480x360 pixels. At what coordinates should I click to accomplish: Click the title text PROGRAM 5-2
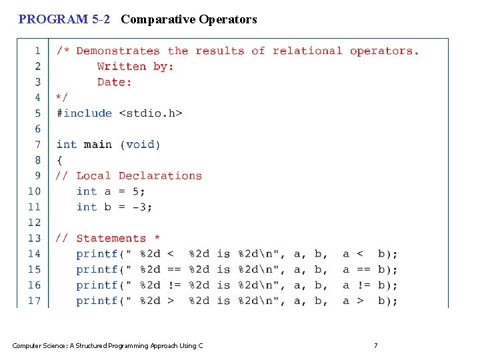64,19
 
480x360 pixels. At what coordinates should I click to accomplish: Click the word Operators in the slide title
227,19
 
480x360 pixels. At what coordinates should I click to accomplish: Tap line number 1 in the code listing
37,51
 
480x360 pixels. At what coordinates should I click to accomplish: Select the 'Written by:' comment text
135,66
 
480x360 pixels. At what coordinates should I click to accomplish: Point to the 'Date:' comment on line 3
115,82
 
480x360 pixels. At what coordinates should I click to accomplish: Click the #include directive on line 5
84,113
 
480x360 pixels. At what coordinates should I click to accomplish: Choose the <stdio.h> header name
151,113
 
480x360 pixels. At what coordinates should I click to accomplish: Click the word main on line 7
97,145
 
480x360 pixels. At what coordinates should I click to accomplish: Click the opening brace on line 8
59,160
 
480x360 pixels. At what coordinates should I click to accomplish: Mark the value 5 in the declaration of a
136,191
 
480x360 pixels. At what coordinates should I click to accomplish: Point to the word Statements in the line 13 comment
111,239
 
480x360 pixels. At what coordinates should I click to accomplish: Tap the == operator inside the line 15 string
174,270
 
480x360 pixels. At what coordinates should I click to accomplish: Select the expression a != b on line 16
365,285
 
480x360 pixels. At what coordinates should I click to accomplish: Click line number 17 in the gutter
34,301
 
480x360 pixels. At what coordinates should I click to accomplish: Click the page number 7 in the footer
375,345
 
